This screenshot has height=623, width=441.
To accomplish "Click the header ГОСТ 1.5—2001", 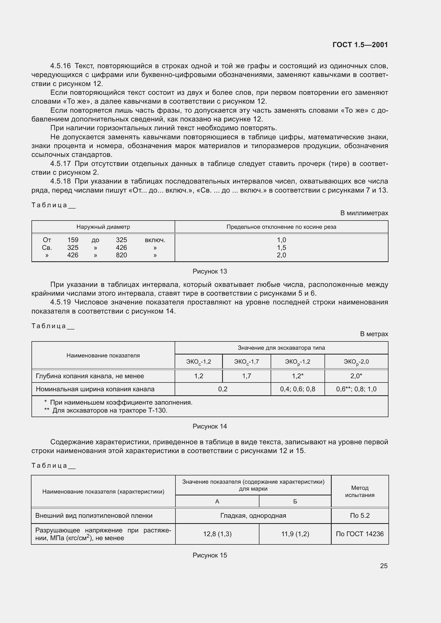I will point(360,45).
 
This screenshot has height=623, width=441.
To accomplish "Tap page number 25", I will point(383,566).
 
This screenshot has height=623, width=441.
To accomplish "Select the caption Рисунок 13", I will point(210,271).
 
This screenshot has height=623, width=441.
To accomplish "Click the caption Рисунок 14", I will point(210,426).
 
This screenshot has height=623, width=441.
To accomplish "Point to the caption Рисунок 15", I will point(210,555).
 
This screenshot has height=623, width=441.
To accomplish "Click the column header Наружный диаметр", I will point(103,227).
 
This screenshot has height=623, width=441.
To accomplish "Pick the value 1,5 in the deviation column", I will point(281,247).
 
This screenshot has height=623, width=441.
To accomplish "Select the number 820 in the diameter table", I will point(121,255).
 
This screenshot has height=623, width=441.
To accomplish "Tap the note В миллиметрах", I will point(364,213).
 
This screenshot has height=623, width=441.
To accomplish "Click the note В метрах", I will point(374,334).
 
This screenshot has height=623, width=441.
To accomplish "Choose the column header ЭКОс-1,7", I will point(246,362).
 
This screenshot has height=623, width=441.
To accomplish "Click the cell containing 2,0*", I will point(356,376).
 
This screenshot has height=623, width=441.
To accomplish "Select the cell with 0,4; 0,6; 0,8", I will point(297,389).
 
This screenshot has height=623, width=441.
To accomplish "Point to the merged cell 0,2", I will point(223,389).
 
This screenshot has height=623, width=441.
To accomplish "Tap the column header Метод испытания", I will point(359,491).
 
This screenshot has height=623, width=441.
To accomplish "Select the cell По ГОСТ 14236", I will point(359,534).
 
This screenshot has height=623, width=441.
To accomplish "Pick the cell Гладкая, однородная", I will point(253,516).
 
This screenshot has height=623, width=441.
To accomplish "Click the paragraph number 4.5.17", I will point(60,164).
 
